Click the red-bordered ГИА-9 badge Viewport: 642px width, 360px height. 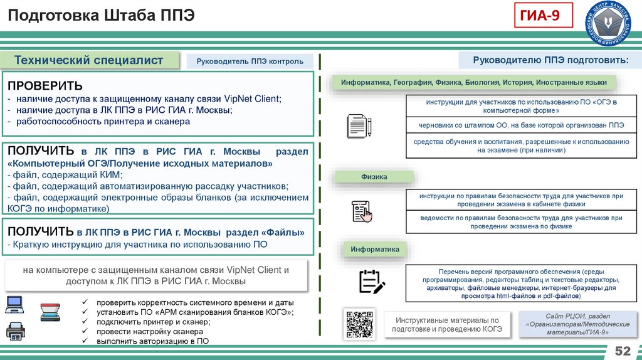pyautogui.click(x=544, y=16)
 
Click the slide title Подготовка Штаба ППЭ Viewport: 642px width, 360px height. pyautogui.click(x=101, y=16)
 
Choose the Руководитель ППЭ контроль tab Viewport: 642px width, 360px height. pyautogui.click(x=250, y=61)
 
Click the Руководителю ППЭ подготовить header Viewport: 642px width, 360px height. pyautogui.click(x=550, y=60)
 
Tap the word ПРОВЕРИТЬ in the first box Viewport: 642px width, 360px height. pyautogui.click(x=45, y=85)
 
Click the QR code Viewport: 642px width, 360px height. pyautogui.click(x=359, y=324)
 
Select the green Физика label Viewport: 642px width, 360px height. pyautogui.click(x=374, y=177)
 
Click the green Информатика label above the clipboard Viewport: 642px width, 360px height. pyautogui.click(x=375, y=250)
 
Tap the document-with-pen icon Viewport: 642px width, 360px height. pyautogui.click(x=359, y=125)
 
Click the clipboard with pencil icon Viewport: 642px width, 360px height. pyautogui.click(x=371, y=281)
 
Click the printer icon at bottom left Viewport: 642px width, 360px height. pyautogui.click(x=16, y=331)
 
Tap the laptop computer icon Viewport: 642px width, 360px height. pyautogui.click(x=15, y=305)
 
